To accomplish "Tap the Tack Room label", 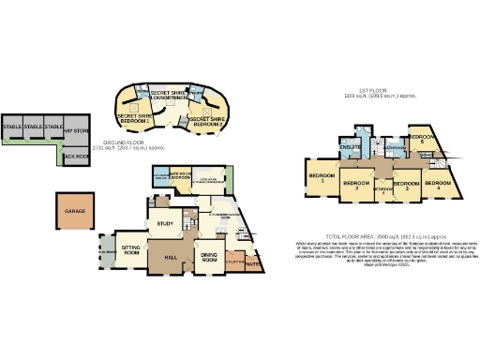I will [73, 157].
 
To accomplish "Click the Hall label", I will [172, 255].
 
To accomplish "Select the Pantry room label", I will [252, 264].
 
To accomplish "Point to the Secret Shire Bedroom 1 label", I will [133, 119].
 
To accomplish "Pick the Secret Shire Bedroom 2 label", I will [205, 122].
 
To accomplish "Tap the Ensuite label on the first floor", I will [349, 148].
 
